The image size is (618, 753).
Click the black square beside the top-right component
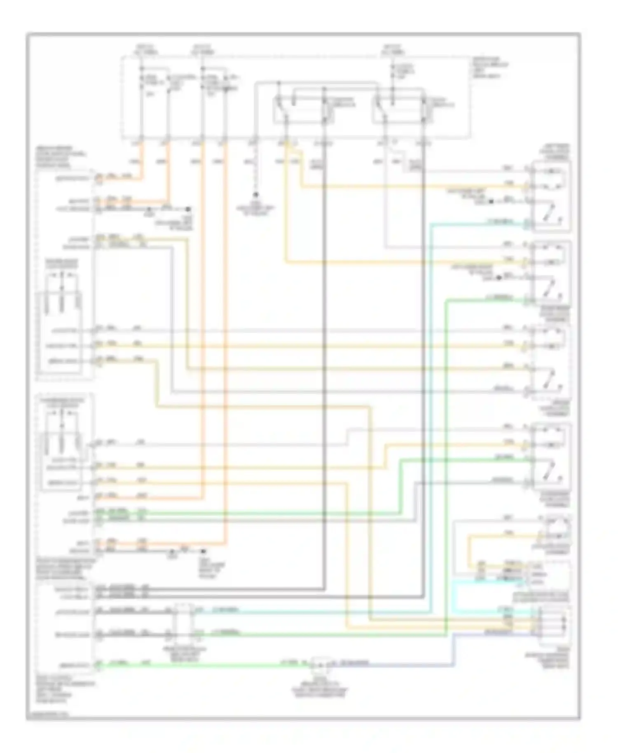[x=491, y=202]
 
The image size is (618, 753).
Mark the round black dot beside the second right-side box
[x=499, y=278]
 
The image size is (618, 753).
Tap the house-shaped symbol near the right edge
[x=558, y=528]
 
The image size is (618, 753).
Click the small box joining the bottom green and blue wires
[x=322, y=663]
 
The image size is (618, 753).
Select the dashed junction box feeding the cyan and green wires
[x=183, y=621]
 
